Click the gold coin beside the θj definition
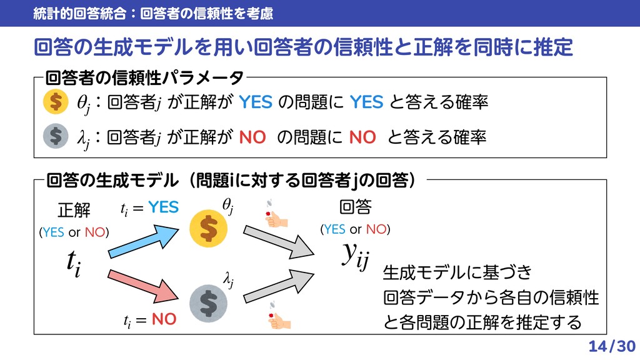pyautogui.click(x=56, y=102)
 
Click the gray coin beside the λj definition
pyautogui.click(x=56, y=136)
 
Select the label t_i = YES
pyautogui.click(x=149, y=207)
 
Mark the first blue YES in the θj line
pyautogui.click(x=256, y=102)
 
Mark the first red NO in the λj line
pyautogui.click(x=252, y=136)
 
